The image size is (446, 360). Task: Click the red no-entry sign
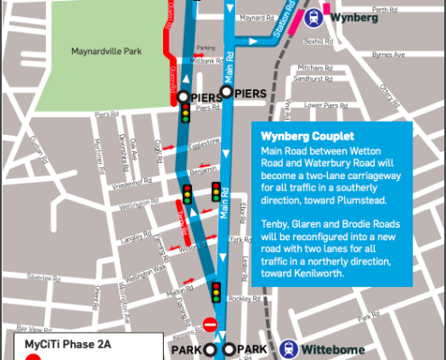[210, 324]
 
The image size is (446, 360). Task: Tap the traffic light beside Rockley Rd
[216, 292]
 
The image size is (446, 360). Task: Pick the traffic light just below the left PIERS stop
[187, 113]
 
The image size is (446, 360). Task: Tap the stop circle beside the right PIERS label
[227, 92]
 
